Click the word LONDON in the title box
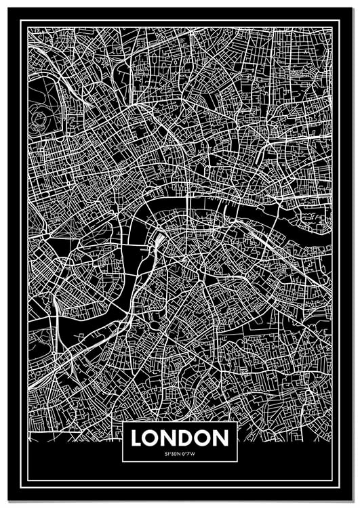click(180, 438)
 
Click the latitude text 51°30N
click(172, 453)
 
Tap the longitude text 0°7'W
click(188, 453)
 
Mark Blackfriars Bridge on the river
click(183, 198)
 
